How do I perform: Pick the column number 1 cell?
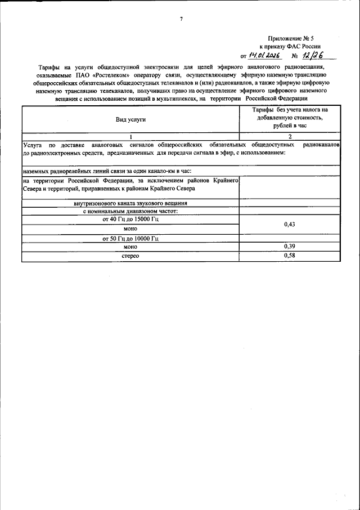pyautogui.click(x=130, y=137)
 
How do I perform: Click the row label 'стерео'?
pyautogui.click(x=130, y=256)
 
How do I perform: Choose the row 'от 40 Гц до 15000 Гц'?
pyautogui.click(x=130, y=220)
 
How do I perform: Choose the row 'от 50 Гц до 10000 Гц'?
pyautogui.click(x=130, y=238)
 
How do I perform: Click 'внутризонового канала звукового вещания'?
pyautogui.click(x=130, y=203)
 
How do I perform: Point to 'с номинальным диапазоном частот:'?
pyautogui.click(x=130, y=211)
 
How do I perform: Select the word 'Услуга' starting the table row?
pyautogui.click(x=33, y=145)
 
